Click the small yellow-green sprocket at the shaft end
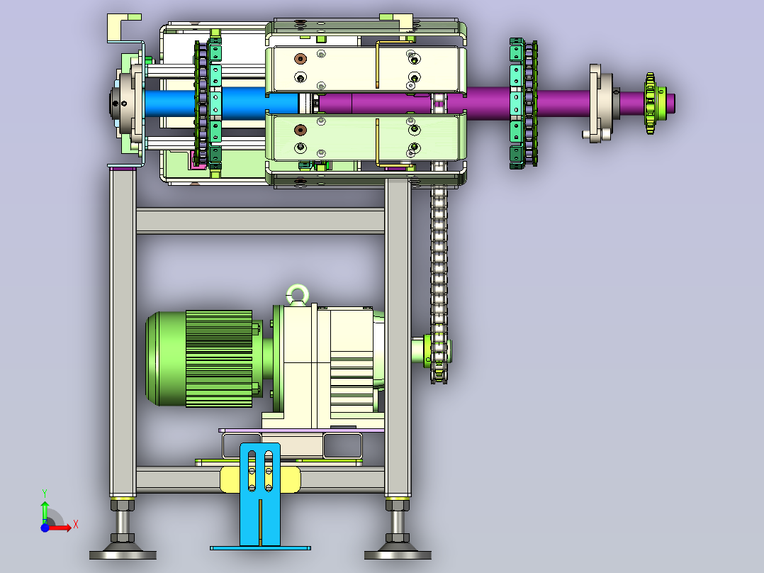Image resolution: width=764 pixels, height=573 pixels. tap(651, 103)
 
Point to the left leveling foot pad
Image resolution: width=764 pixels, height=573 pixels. tap(123, 555)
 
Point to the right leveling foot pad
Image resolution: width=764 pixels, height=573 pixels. tap(398, 555)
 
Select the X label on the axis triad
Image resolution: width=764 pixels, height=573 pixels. tap(76, 525)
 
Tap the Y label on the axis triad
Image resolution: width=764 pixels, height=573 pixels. tap(45, 494)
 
